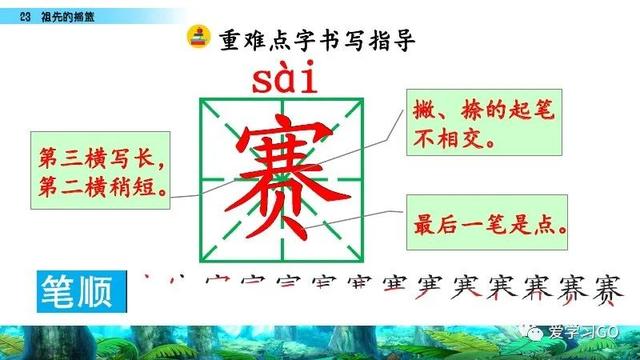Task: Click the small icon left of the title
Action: click(x=197, y=39)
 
